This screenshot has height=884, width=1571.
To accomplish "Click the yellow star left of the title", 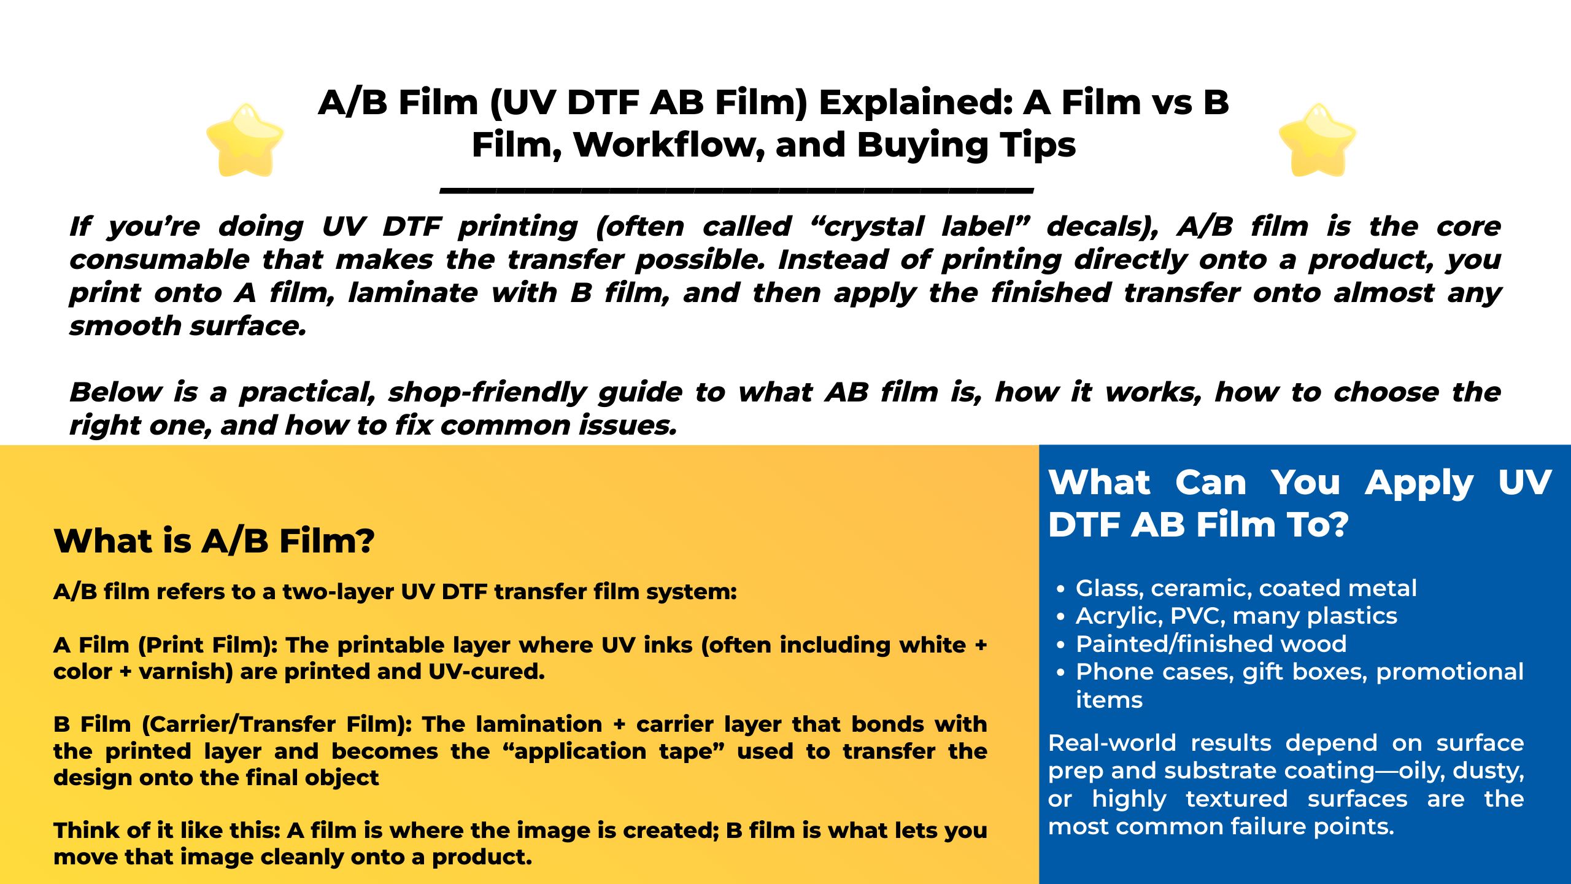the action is pyautogui.click(x=245, y=140).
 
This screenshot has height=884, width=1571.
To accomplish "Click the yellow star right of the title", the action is pyautogui.click(x=1318, y=140).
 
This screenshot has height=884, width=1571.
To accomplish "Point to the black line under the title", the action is pyautogui.click(x=737, y=190).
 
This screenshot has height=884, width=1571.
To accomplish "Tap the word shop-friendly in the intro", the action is pyautogui.click(x=487, y=393).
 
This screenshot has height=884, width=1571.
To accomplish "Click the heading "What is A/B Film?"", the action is pyautogui.click(x=214, y=541).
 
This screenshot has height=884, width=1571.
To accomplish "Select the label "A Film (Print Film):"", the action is pyautogui.click(x=166, y=645).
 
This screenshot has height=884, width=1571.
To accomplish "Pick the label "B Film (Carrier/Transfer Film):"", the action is pyautogui.click(x=233, y=725).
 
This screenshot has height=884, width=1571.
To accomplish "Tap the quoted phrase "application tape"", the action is pyautogui.click(x=614, y=751).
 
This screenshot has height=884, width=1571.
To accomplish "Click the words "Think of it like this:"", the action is pyautogui.click(x=167, y=831).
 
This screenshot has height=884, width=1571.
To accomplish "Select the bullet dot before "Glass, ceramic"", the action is pyautogui.click(x=1060, y=589).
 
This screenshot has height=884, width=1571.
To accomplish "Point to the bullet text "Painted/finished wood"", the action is pyautogui.click(x=1211, y=644).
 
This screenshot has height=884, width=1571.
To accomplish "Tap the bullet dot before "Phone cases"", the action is pyautogui.click(x=1060, y=673).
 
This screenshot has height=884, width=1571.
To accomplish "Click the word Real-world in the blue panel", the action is pyautogui.click(x=1112, y=743).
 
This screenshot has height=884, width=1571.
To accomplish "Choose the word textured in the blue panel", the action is pyautogui.click(x=1237, y=799).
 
